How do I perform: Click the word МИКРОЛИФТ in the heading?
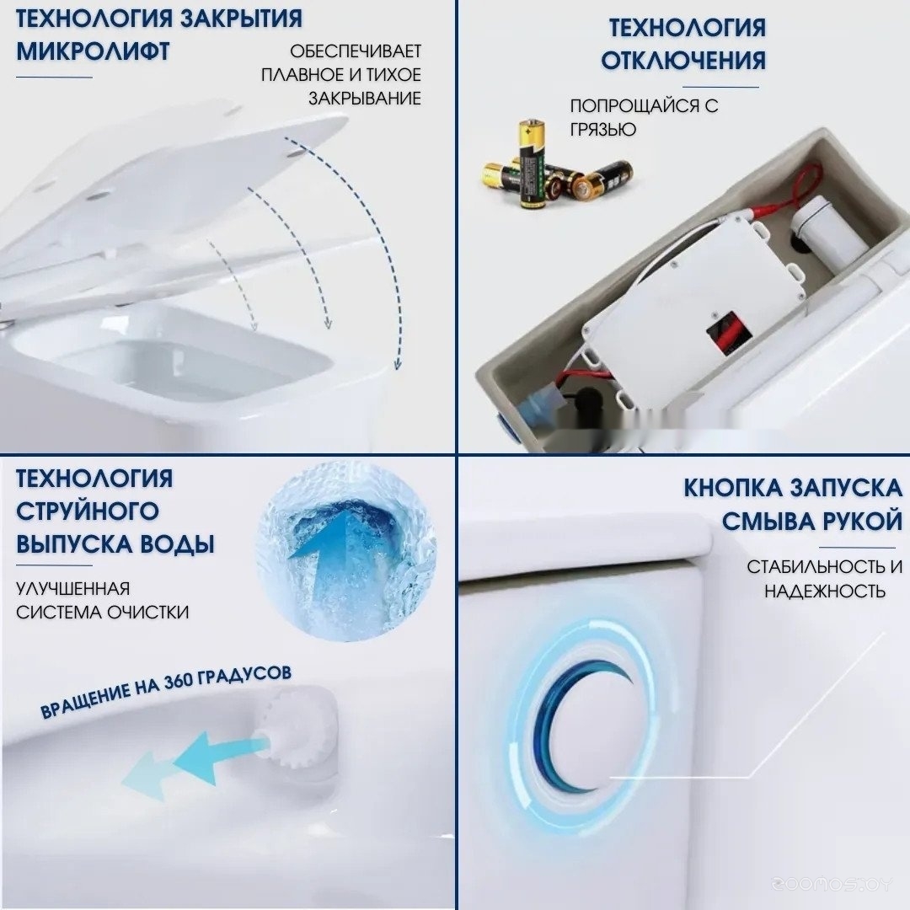[x=93, y=51]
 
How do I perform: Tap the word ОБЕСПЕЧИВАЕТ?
[x=356, y=51]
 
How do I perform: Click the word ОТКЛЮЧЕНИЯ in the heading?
[x=683, y=61]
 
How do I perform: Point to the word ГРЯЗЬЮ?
[x=603, y=130]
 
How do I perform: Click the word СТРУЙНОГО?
[x=88, y=512]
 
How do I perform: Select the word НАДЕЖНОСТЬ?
[x=825, y=591]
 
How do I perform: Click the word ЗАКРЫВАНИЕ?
[x=365, y=99]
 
